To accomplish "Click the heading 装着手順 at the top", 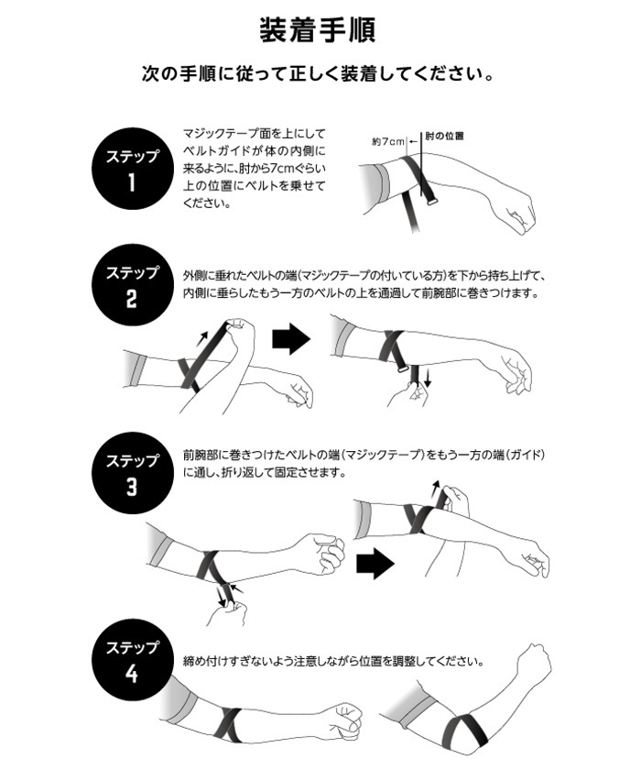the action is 318,30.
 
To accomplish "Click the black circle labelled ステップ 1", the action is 133,169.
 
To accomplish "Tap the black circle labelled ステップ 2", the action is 133,285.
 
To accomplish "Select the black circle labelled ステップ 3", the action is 133,473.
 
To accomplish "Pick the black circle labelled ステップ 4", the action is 133,659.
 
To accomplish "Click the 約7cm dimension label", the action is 388,141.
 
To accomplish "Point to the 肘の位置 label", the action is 444,136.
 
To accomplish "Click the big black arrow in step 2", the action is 291,338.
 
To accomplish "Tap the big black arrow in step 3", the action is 375,564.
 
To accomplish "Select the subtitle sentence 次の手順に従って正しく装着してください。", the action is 318,74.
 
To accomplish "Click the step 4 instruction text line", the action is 333,661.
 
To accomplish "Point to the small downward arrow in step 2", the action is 427,378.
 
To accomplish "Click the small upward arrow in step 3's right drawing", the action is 436,489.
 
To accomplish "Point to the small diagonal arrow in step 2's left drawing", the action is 201,339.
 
